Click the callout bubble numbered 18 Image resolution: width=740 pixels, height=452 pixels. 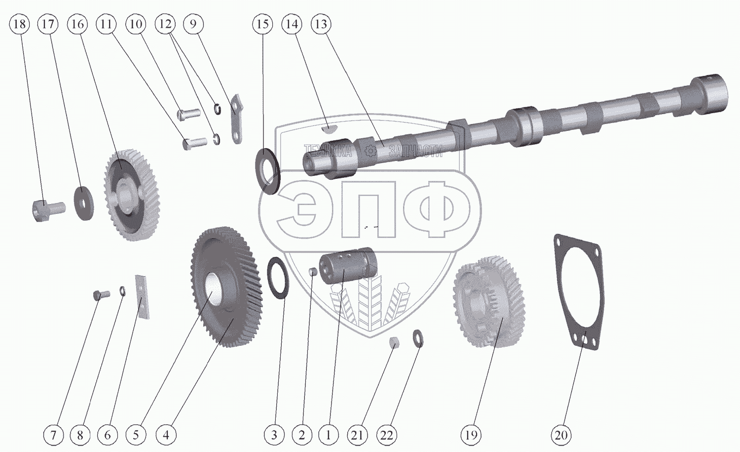pyautogui.click(x=20, y=24)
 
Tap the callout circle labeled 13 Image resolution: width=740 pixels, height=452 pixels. pyautogui.click(x=321, y=24)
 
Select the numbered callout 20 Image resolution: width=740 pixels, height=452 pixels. pyautogui.click(x=561, y=435)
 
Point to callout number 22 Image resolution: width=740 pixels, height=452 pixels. pyautogui.click(x=387, y=435)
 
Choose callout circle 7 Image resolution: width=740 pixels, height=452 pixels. pyautogui.click(x=53, y=435)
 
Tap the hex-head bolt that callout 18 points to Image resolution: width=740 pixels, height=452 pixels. pyautogui.click(x=48, y=210)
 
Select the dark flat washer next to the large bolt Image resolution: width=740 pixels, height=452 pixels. pyautogui.click(x=83, y=204)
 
